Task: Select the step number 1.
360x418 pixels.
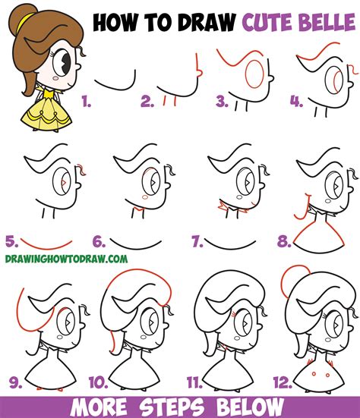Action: [x=87, y=99]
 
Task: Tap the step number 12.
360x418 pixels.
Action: [x=281, y=380]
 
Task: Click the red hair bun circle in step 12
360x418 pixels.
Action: [x=289, y=282]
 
